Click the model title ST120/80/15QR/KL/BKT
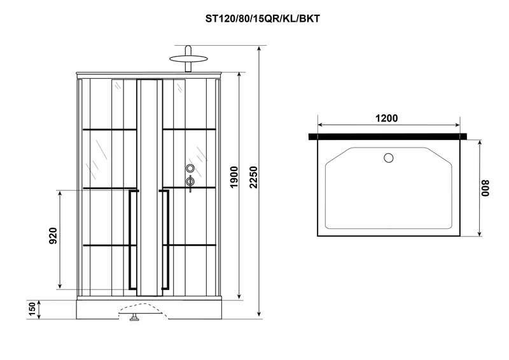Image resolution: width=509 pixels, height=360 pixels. pos(262,19)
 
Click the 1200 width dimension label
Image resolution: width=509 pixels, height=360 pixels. pos(387,118)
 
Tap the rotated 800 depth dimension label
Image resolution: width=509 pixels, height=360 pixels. pos(485,188)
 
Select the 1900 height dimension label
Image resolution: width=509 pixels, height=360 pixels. pos(234,177)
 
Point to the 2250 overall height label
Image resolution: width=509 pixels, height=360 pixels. pos(253,177)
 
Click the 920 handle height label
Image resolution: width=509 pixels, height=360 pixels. pos(53,236)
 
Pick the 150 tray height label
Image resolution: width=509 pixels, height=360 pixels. pos(32,309)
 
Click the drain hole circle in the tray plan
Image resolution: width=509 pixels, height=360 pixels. pos(389,158)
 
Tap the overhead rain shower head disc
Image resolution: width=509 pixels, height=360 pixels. pos(188,59)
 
